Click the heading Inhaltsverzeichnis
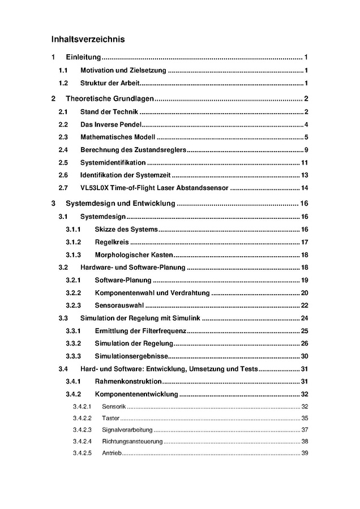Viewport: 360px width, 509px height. point(88,40)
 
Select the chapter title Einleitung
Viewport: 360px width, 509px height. point(83,58)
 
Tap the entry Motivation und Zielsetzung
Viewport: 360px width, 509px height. point(123,71)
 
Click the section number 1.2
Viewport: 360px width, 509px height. point(63,84)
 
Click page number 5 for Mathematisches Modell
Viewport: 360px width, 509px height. point(305,137)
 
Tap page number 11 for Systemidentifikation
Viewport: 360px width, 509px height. point(304,162)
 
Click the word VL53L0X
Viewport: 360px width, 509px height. point(94,188)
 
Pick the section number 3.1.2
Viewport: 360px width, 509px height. point(73,242)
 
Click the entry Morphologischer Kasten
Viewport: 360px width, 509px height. point(134,255)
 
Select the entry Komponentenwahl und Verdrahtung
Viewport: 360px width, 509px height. point(152,293)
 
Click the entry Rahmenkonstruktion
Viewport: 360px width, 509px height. point(128,382)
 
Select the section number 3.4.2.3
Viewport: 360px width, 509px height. point(83,430)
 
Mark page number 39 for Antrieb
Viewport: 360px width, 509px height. point(305,453)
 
